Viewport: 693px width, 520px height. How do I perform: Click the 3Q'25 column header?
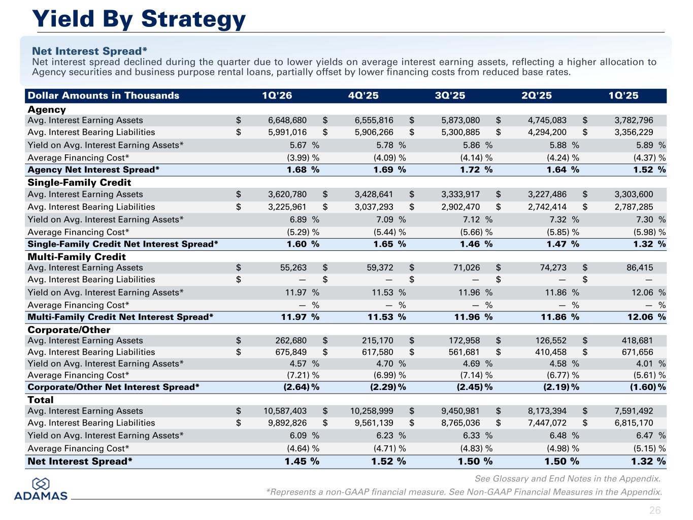[450, 95]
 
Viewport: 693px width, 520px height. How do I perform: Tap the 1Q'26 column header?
[277, 95]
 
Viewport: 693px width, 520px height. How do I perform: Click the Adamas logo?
[41, 489]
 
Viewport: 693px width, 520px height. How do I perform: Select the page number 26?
[655, 510]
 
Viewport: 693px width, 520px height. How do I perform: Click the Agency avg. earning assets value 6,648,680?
[287, 120]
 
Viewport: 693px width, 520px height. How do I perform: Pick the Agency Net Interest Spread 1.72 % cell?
[476, 170]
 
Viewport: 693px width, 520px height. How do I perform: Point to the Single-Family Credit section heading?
[79, 182]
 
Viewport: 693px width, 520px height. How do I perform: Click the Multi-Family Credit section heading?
[77, 256]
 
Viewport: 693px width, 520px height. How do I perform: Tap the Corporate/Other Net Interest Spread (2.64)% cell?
[301, 387]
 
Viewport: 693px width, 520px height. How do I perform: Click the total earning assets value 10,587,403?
[285, 411]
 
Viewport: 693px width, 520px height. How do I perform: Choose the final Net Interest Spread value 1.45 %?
[302, 462]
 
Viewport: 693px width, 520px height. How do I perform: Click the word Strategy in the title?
[193, 20]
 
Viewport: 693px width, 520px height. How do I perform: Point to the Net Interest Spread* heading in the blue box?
[90, 51]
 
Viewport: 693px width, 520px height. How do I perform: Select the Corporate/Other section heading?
[69, 330]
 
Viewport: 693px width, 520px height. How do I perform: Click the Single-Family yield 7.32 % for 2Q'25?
[564, 219]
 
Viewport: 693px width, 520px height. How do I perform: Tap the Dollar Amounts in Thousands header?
[104, 95]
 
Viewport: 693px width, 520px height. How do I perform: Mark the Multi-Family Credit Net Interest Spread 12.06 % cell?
[647, 317]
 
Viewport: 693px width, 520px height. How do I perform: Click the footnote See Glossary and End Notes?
[568, 479]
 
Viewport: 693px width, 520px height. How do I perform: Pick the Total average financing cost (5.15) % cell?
[649, 448]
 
